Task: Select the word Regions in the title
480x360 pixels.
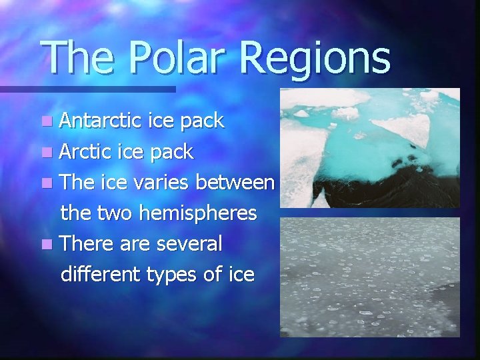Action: pos(314,59)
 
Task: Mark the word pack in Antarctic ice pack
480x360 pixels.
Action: pos(203,121)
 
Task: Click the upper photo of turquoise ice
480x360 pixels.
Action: pos(369,147)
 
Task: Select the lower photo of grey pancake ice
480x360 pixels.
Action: pos(369,277)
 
